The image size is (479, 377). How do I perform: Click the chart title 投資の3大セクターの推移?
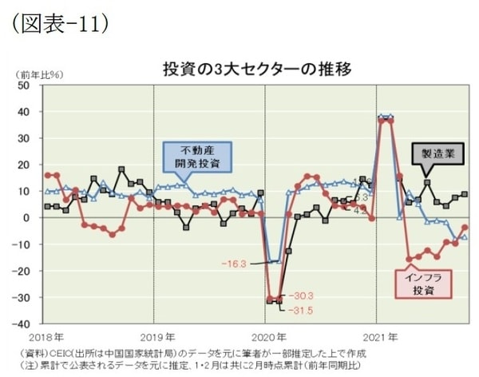point(254,67)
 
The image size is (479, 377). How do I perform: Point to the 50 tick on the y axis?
point(24,85)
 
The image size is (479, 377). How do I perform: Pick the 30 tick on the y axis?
point(24,138)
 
